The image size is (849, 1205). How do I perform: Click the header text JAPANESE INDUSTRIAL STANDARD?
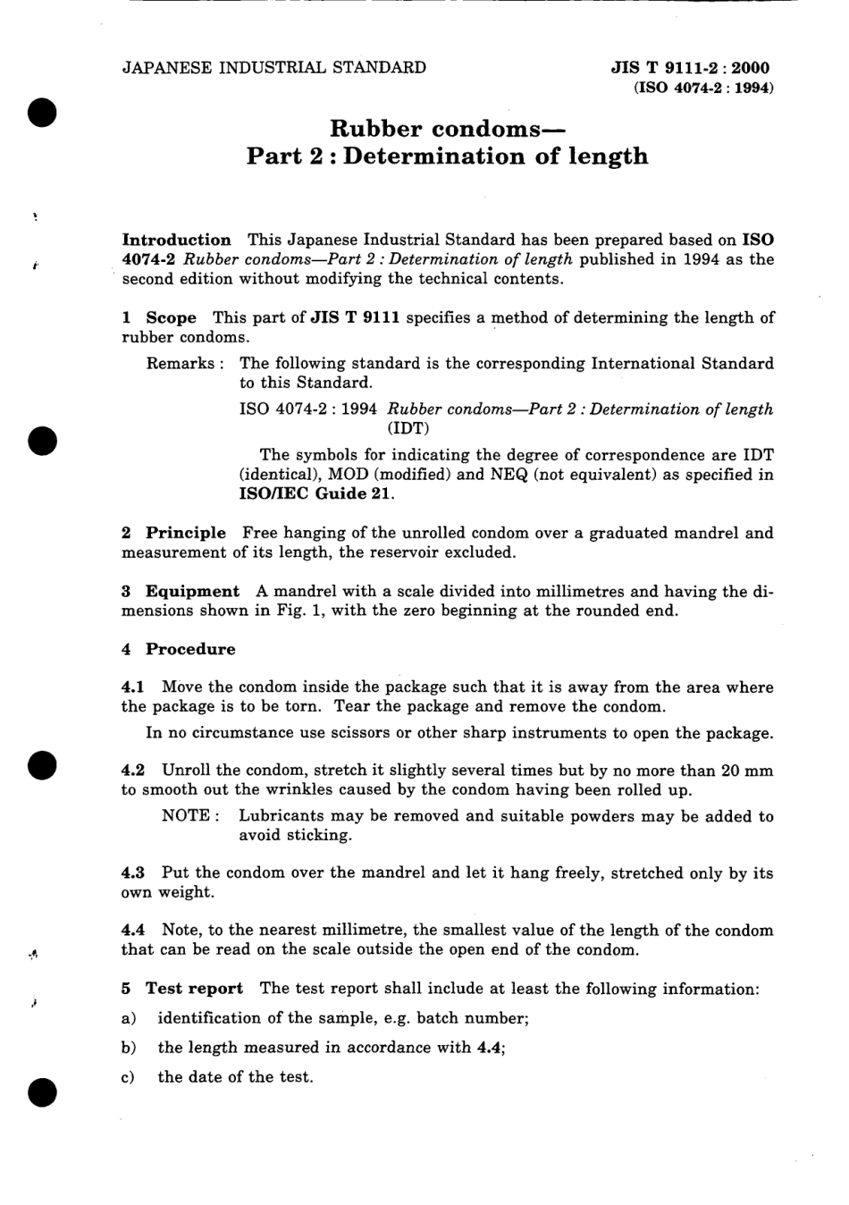point(273,68)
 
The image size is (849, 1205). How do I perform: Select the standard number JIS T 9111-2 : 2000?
point(690,68)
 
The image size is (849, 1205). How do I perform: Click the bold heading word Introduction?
point(176,240)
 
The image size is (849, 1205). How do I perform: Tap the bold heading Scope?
point(171,317)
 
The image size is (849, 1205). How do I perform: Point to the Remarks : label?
point(185,363)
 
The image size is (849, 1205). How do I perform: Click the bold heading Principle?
point(186,533)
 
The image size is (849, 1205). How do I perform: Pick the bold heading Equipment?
point(192,591)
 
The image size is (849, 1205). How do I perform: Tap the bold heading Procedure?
point(190,649)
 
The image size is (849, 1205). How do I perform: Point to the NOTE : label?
point(190,815)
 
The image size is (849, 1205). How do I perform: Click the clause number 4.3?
point(134,872)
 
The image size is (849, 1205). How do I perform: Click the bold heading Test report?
point(194,988)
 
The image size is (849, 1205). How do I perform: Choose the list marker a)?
point(129,1018)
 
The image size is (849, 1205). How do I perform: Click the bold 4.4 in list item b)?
point(488,1047)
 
